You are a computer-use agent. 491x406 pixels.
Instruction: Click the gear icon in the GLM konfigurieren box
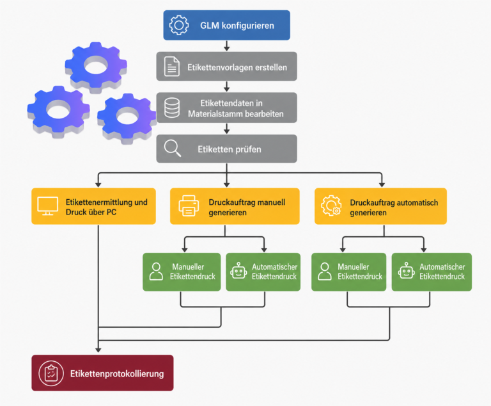point(179,25)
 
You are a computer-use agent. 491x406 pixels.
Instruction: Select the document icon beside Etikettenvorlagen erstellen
point(171,67)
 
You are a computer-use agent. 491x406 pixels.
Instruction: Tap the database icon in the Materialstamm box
point(172,108)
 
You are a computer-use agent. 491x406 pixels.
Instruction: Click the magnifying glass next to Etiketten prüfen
point(173,149)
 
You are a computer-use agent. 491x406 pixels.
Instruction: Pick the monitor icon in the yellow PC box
point(47,206)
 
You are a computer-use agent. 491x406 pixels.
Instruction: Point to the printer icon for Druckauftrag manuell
point(189,206)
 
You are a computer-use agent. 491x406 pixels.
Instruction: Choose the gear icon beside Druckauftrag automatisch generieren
point(331,206)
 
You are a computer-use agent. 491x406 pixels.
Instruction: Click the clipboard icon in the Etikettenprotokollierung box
point(51,373)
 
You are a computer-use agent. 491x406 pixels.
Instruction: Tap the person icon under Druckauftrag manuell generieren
point(156,272)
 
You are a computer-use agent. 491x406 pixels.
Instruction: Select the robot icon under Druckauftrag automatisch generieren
point(407,271)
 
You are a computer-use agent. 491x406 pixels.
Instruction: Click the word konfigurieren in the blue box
point(247,26)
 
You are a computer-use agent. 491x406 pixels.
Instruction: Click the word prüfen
point(248,149)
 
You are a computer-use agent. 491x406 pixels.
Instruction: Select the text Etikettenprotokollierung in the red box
point(117,374)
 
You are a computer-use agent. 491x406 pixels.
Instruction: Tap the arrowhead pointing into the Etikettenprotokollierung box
point(98,350)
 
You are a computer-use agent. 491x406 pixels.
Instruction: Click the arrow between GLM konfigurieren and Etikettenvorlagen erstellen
point(227,45)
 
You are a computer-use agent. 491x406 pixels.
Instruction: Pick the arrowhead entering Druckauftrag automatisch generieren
point(382,184)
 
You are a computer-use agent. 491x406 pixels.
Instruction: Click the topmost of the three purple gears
point(96,67)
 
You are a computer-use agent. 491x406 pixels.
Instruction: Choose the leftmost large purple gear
point(59,111)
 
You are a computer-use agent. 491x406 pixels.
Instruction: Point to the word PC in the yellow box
point(111,213)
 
